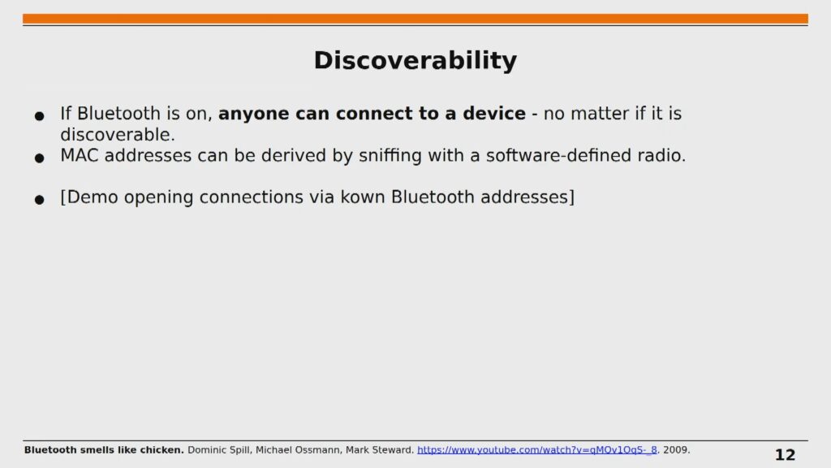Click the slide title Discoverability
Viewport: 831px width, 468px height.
415,60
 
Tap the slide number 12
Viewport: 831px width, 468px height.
785,455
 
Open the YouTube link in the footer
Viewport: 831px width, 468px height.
537,450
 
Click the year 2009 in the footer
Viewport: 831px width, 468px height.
676,450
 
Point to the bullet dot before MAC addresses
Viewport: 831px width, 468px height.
39,158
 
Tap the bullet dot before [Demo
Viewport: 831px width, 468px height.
39,200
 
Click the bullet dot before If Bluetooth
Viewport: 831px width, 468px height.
39,115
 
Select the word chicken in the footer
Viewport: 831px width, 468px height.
161,450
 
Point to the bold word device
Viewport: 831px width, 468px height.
494,114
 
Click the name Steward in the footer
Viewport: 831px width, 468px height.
393,450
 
